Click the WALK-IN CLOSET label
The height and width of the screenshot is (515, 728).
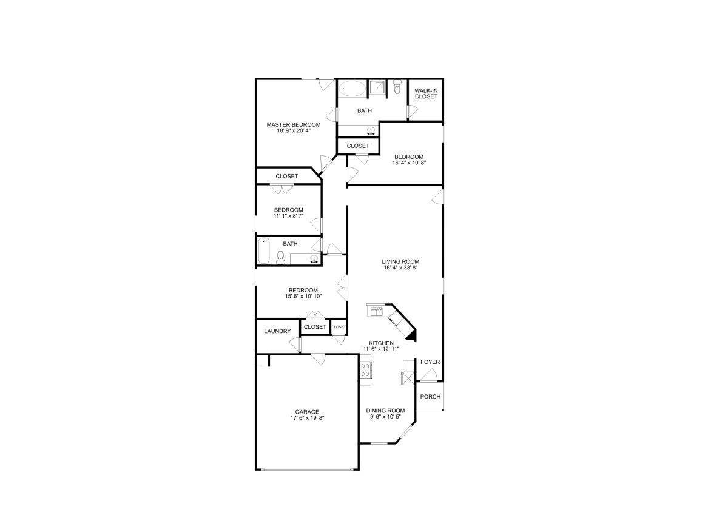[x=426, y=93]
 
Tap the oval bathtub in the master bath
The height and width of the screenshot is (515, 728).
[x=352, y=89]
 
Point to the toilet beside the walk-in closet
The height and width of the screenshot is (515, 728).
[x=397, y=87]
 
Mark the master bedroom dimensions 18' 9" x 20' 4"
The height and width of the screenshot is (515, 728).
[x=294, y=130]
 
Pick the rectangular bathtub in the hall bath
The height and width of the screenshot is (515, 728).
[x=263, y=251]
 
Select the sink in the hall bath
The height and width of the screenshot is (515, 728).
[x=314, y=260]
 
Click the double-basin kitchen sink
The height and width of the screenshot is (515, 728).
[x=376, y=311]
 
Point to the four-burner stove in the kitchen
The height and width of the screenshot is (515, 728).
[x=365, y=370]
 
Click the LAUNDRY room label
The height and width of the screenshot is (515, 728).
[x=277, y=331]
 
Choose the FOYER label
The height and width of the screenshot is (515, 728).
[x=430, y=362]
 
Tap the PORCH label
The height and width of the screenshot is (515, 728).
[x=430, y=397]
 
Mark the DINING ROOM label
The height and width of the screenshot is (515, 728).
[x=385, y=411]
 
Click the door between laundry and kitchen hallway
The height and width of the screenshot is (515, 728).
[x=296, y=344]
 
